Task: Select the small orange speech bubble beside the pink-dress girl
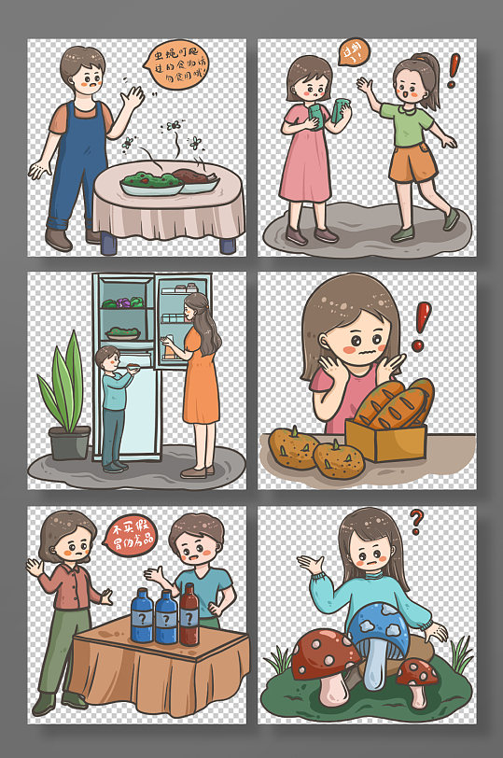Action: coord(354,50)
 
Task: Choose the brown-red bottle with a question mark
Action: coord(189,619)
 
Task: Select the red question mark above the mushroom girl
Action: coord(417,519)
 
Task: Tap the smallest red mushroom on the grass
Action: coord(413,674)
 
